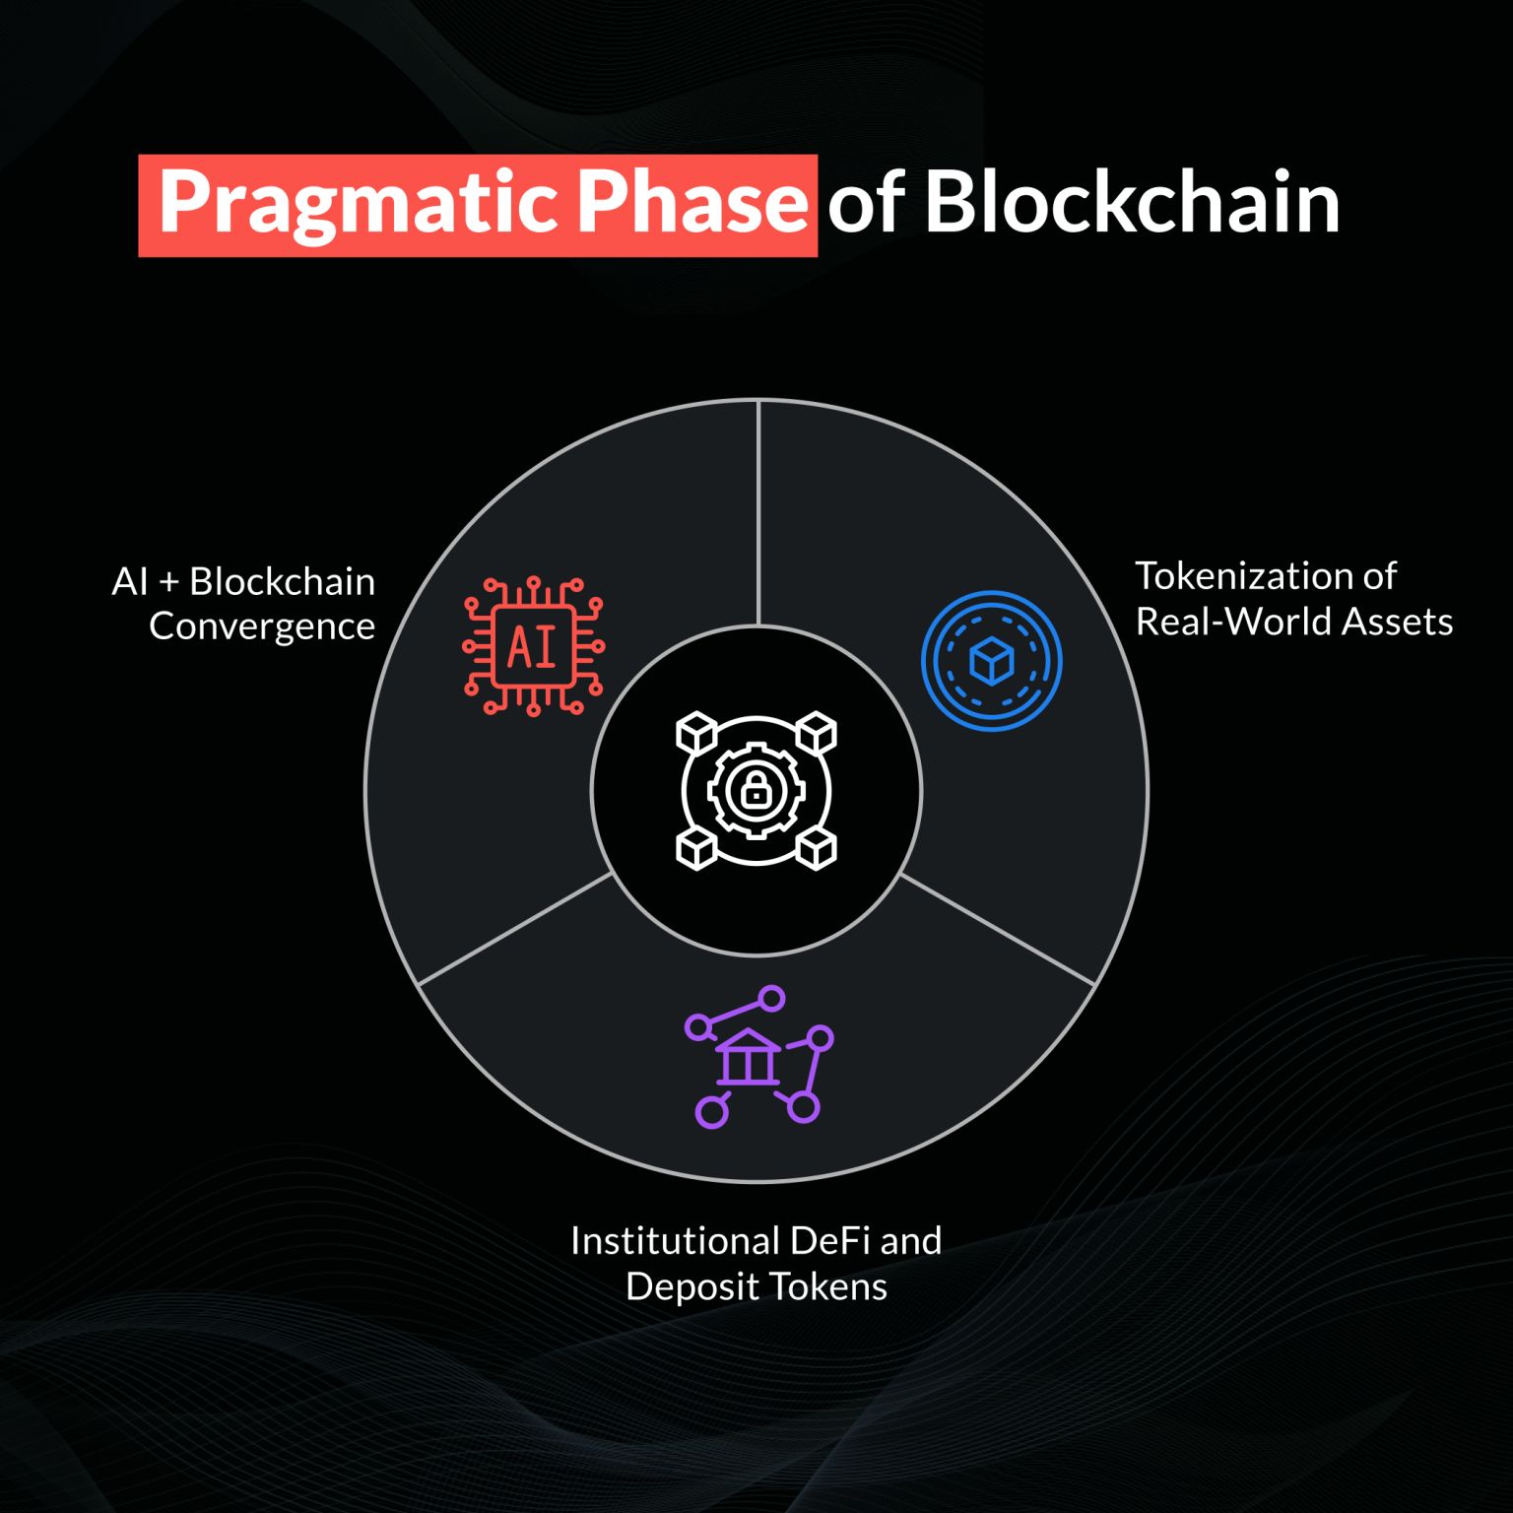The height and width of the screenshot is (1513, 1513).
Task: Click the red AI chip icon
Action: [x=533, y=646]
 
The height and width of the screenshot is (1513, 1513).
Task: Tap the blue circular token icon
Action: [x=992, y=661]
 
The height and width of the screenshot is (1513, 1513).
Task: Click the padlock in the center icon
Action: [x=756, y=789]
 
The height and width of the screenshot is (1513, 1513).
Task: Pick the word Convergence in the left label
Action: [x=262, y=627]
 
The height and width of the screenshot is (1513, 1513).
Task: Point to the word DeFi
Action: [x=823, y=1240]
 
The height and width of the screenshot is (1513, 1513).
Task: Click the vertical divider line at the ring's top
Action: [x=757, y=512]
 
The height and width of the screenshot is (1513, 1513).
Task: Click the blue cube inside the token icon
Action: [x=992, y=661]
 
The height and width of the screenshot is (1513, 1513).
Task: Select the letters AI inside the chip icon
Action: [x=532, y=647]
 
